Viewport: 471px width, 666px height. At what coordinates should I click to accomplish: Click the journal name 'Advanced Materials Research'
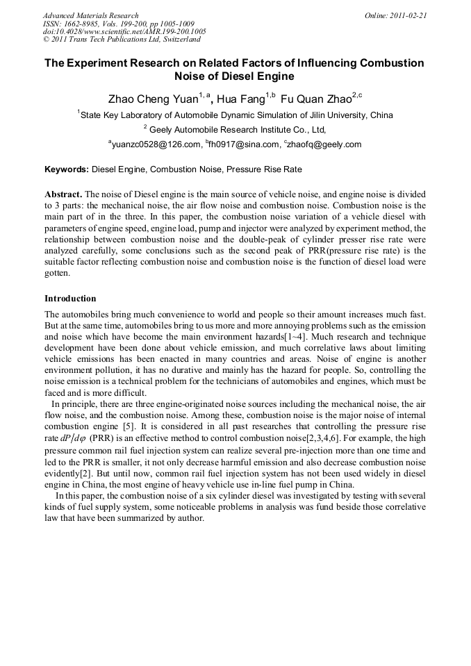click(x=91, y=15)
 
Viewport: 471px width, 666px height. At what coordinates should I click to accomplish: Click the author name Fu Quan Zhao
click(x=315, y=99)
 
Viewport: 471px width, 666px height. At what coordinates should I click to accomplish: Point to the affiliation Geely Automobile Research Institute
click(x=229, y=130)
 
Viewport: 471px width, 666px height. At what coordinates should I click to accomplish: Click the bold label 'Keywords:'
click(x=67, y=169)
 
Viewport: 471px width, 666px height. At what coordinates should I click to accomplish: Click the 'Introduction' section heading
click(x=70, y=298)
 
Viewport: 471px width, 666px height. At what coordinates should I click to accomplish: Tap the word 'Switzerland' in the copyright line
click(x=178, y=40)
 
